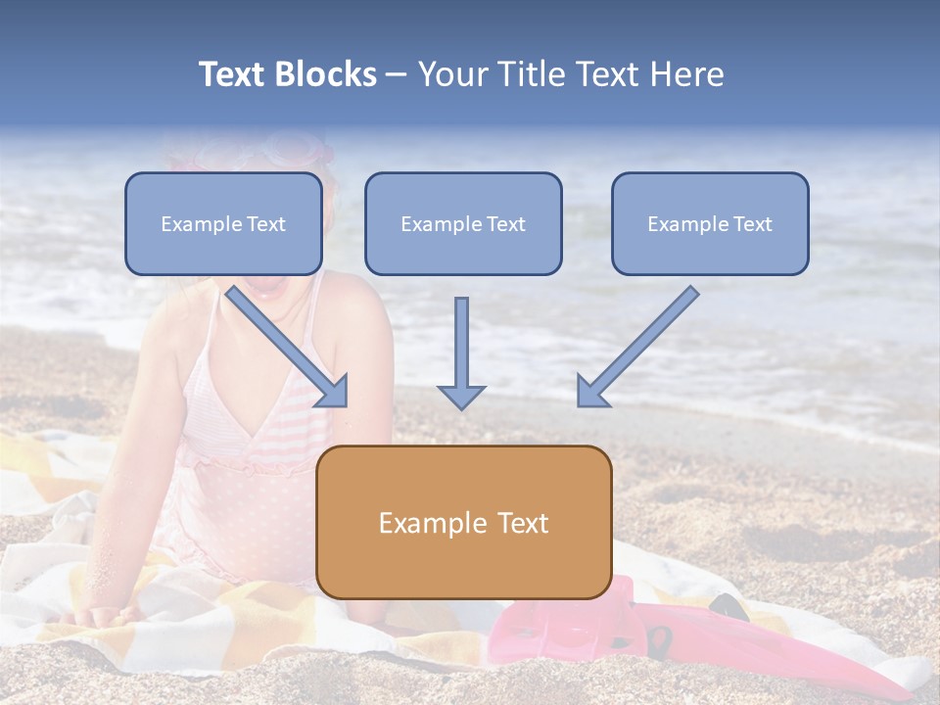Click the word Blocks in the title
(x=328, y=74)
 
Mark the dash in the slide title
(x=397, y=75)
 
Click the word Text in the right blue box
(x=752, y=224)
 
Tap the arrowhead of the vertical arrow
(x=461, y=396)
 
